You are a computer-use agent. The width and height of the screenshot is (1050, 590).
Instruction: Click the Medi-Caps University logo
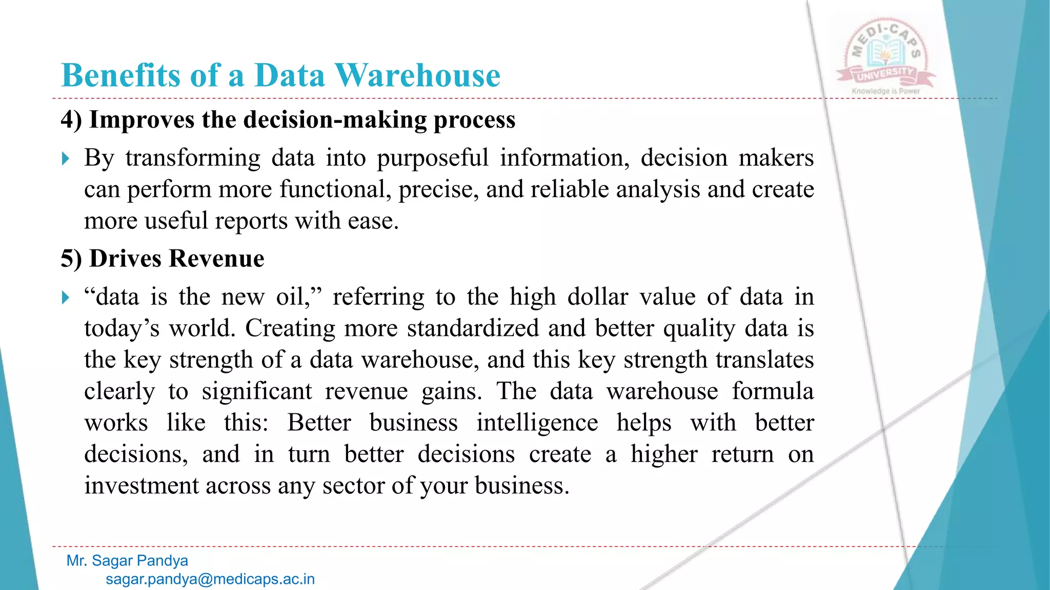[x=886, y=55]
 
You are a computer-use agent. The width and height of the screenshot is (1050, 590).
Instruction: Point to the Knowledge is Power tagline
[x=886, y=91]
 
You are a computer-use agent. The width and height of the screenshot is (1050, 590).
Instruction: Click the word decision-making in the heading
[x=334, y=120]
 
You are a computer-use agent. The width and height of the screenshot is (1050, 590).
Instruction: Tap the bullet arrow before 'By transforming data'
[x=65, y=158]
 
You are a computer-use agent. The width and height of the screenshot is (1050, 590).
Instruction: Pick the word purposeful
[x=433, y=158]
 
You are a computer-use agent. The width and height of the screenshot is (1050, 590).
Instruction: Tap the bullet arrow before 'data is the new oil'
[x=65, y=298]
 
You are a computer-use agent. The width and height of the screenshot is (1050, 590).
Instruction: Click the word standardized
[x=473, y=328]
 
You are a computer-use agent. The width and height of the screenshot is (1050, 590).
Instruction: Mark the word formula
[x=772, y=391]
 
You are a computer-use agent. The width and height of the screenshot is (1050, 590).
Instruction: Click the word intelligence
[x=537, y=423]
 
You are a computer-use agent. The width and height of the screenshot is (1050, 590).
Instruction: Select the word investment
[x=141, y=486]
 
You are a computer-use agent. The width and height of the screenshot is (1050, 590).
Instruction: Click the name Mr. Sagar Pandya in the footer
[x=127, y=561]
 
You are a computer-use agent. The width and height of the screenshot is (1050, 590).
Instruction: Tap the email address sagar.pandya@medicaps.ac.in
[x=210, y=579]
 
